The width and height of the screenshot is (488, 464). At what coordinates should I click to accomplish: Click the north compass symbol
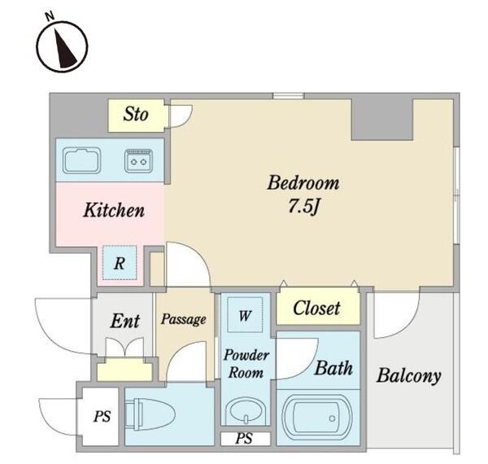point(62,46)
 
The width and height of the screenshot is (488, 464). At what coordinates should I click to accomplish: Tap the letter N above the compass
point(50,16)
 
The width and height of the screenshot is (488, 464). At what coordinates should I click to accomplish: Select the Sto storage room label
point(136,114)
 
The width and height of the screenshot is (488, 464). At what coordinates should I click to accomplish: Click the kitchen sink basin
point(81,160)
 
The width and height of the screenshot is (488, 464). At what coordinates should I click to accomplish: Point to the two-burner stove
point(139,161)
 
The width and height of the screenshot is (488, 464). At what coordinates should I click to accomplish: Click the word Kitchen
point(114,210)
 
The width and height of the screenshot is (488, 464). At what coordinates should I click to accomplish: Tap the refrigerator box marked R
point(120,262)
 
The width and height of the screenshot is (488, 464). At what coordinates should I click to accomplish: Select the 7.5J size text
point(304,206)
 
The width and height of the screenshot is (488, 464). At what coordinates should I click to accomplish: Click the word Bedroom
point(303,183)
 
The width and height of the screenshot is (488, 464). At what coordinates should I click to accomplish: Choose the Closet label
point(316,309)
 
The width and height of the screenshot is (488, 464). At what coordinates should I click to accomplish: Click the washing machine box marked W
point(245,315)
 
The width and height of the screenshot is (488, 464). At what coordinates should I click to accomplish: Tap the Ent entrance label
point(124,321)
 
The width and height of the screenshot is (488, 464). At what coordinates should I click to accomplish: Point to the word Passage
point(183,319)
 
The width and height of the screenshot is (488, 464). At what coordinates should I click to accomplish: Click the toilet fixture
point(150,414)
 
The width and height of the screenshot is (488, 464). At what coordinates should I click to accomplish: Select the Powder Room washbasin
point(246,411)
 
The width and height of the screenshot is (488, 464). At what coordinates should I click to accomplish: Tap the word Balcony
point(408,375)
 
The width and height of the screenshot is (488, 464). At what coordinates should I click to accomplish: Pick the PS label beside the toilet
point(102,416)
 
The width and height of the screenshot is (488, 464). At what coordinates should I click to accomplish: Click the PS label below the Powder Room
point(244,439)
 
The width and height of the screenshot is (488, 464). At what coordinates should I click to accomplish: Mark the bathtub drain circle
point(332,418)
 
